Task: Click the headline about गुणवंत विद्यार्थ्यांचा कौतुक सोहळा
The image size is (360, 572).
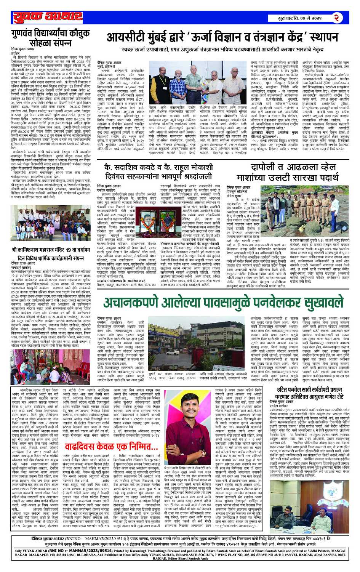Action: (48, 37)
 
